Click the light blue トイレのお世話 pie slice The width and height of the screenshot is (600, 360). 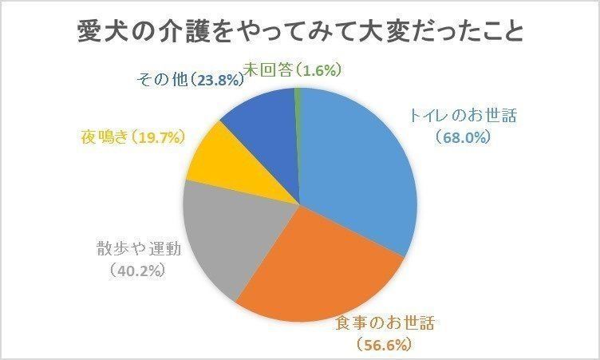tap(359, 168)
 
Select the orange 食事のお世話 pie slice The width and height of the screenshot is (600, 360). tap(319, 263)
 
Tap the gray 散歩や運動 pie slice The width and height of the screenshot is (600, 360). tap(223, 235)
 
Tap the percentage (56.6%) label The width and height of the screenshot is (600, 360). tap(383, 345)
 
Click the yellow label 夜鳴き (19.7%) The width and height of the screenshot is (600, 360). tap(132, 136)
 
